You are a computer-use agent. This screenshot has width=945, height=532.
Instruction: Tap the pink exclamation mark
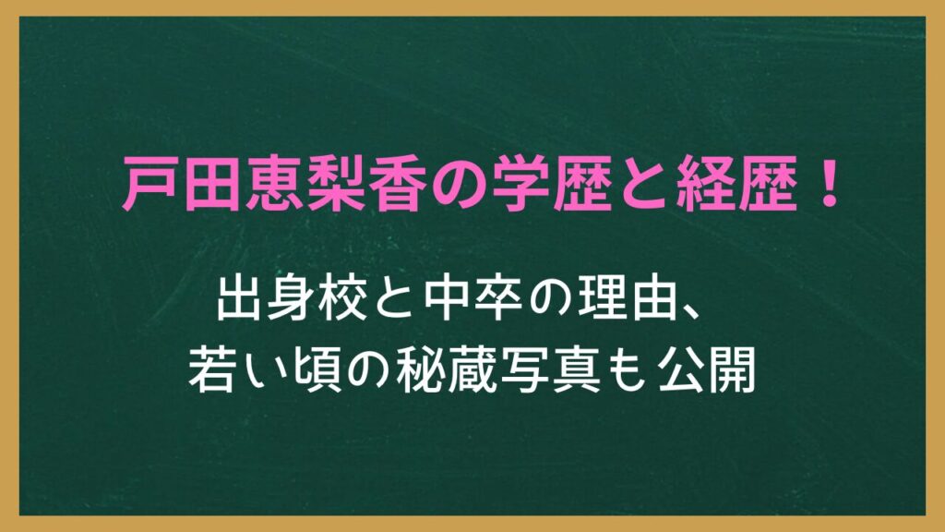pos(831,184)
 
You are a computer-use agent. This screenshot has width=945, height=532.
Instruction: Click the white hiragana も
pos(627,370)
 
